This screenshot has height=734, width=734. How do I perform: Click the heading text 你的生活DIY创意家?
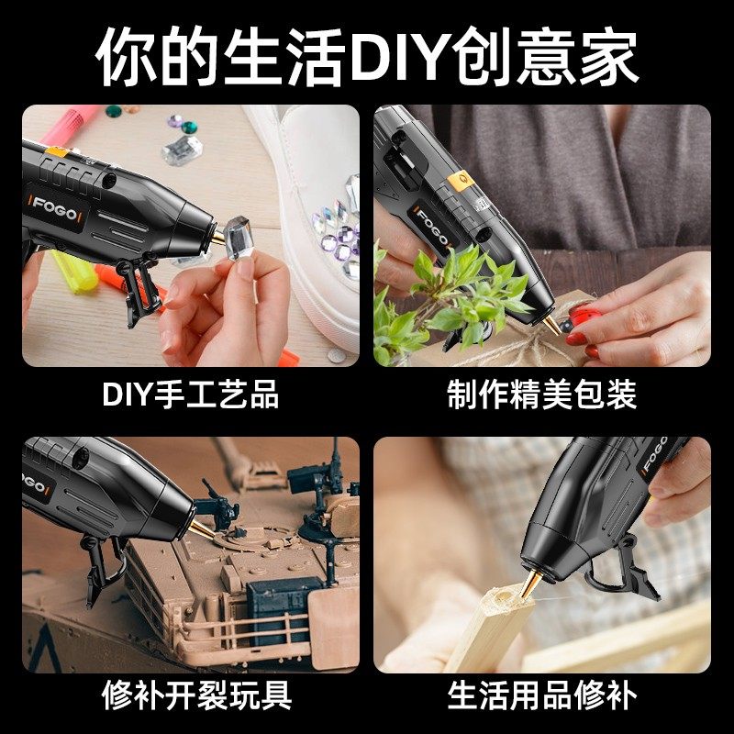367,57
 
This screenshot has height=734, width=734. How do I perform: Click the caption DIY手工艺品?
190,395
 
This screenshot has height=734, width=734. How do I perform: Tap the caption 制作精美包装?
542,395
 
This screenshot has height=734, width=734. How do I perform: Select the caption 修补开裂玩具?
190,695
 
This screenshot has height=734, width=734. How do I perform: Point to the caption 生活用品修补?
542,695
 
